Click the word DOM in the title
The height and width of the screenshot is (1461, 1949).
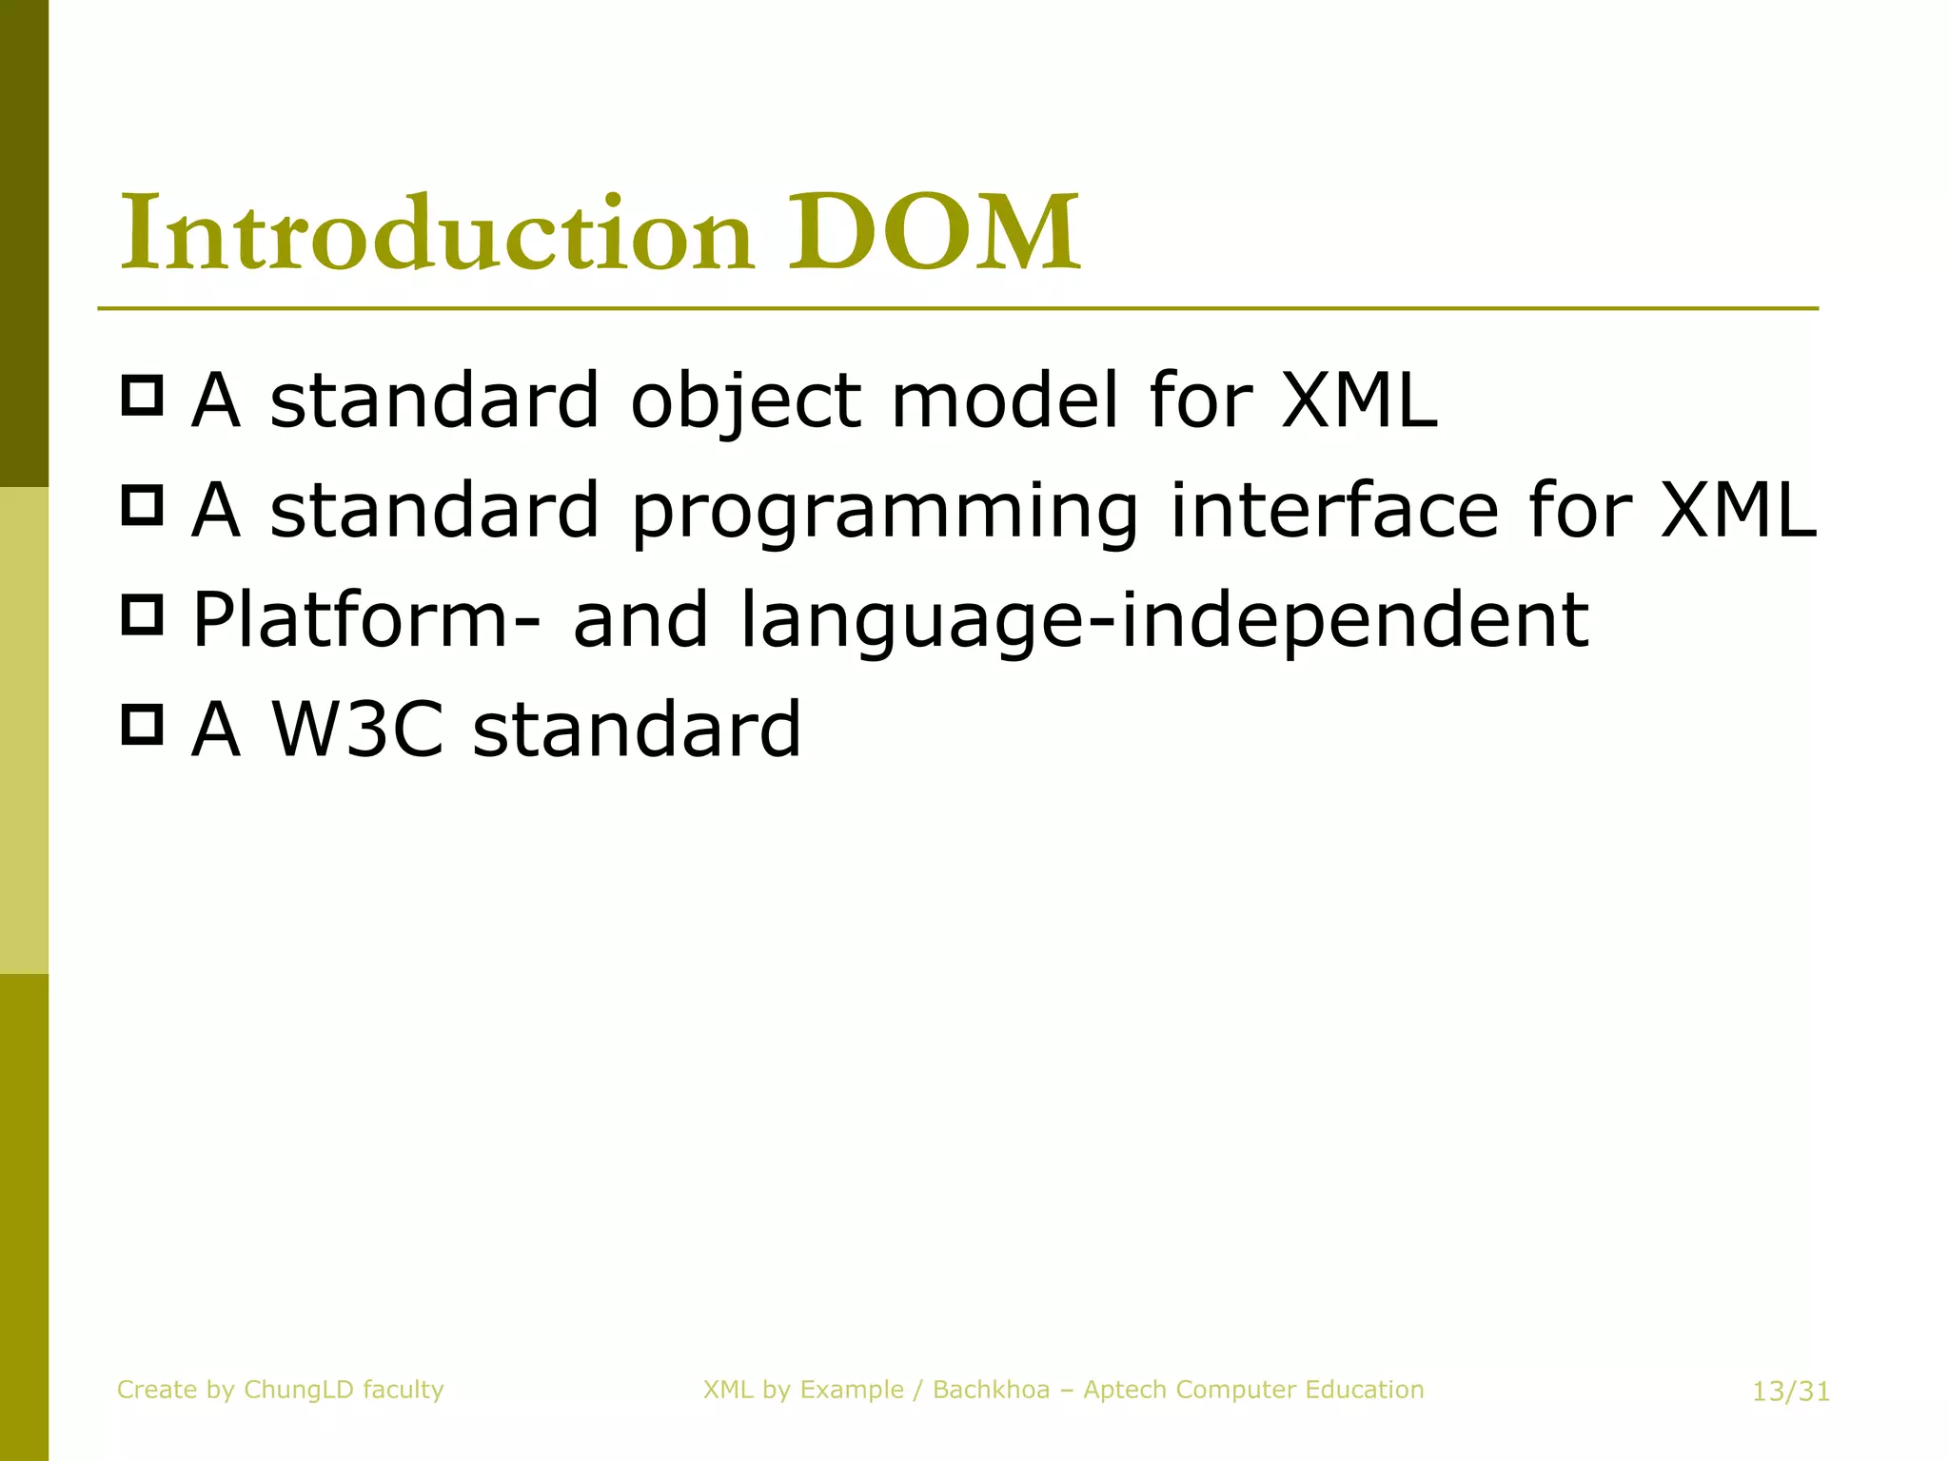click(934, 232)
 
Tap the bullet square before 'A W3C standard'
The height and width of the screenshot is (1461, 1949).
click(143, 724)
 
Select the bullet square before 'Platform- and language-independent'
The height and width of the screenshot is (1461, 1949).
click(143, 614)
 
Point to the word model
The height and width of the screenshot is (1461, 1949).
click(1004, 399)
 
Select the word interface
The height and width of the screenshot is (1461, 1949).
click(1332, 510)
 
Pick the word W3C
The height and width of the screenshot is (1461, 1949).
click(358, 730)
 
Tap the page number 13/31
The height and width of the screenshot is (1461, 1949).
click(1791, 1392)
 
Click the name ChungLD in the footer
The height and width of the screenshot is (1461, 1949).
click(299, 1390)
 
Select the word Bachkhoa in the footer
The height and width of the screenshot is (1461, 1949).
click(991, 1390)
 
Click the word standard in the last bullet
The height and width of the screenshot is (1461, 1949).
click(637, 730)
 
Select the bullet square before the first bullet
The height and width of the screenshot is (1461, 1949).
click(143, 395)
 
